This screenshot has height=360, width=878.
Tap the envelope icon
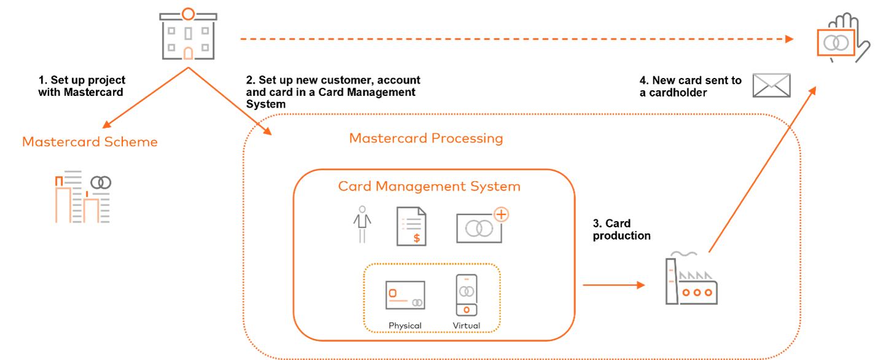point(772,85)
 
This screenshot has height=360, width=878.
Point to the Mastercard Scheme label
point(90,142)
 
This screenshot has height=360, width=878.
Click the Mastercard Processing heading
point(426,138)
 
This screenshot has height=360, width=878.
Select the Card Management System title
point(429,186)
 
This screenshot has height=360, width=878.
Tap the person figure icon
point(362,225)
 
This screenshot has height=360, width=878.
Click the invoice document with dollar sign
point(411,226)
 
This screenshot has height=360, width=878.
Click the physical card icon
point(405,295)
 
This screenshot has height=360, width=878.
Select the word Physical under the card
point(405,325)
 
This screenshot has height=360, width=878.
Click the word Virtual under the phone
point(467,325)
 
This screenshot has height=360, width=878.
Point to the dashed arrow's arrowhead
point(790,39)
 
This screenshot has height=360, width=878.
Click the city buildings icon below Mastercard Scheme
point(83,197)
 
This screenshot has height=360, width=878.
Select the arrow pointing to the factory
point(613,285)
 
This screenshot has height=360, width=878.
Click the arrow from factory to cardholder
point(763,169)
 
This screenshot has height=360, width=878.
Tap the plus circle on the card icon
point(502,214)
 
